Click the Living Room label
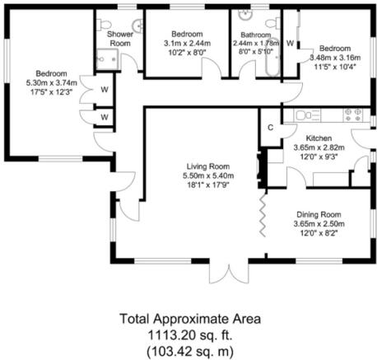pyautogui.click(x=208, y=166)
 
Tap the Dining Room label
pyautogui.click(x=319, y=214)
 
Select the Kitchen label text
pyautogui.click(x=319, y=138)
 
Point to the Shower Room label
pyautogui.click(x=120, y=39)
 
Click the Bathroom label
pyautogui.click(x=256, y=35)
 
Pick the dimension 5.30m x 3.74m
pyautogui.click(x=52, y=82)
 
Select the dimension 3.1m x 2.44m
pyautogui.click(x=188, y=43)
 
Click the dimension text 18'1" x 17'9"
pyautogui.click(x=208, y=185)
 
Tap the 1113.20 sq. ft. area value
pyautogui.click(x=190, y=335)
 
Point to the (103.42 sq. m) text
pyautogui.click(x=190, y=351)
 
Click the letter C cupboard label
pyautogui.click(x=271, y=128)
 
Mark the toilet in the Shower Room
pyautogui.click(x=104, y=24)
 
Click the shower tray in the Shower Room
pyautogui.click(x=108, y=58)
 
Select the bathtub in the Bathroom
pyautogui.click(x=272, y=60)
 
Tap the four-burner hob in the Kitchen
pyautogui.click(x=353, y=115)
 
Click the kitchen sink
pyautogui.click(x=307, y=115)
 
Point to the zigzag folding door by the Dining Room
pyautogui.click(x=263, y=215)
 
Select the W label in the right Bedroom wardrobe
pyautogui.click(x=290, y=43)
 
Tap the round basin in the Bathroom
pyautogui.click(x=245, y=15)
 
